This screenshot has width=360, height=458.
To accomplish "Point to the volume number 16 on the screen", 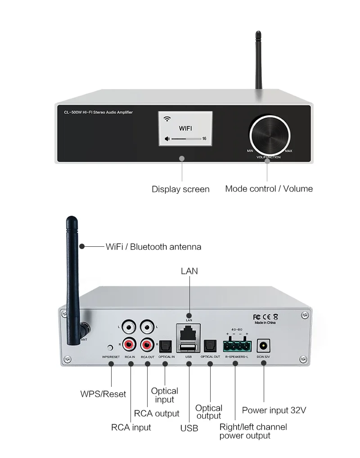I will click(204, 139).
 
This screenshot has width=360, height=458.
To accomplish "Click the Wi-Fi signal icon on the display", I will click(167, 119).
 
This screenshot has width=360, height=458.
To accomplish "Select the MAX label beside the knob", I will click(288, 151).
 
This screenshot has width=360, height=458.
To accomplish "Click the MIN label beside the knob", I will click(250, 151).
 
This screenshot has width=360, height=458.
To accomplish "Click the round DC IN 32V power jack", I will click(262, 346).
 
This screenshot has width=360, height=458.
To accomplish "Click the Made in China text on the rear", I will click(265, 323).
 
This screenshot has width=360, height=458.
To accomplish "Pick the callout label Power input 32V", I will click(274, 410).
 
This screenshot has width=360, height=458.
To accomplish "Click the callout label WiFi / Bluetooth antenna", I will click(153, 247).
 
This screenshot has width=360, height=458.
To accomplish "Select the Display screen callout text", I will click(180, 189).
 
